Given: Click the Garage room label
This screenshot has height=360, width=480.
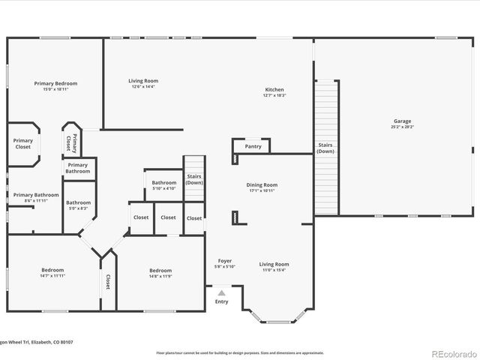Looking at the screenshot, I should click(402, 121).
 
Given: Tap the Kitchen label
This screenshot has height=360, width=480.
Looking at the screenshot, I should click(274, 90).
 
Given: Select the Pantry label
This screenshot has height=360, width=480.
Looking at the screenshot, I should click(253, 147).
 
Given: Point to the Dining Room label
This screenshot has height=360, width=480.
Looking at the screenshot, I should click(262, 184).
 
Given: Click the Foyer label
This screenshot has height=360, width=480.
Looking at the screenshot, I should click(225, 261).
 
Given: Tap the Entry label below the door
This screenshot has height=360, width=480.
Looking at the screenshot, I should click(221, 301).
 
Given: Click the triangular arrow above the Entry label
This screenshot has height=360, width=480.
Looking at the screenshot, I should click(221, 293).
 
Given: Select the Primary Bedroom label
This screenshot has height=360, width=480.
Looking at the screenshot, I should click(55, 83).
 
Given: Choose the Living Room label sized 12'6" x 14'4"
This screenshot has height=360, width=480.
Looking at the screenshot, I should click(142, 81).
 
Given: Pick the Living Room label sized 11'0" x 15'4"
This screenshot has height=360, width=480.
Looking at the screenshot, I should click(274, 264).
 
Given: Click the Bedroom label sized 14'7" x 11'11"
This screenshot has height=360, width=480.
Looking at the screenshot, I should click(52, 270).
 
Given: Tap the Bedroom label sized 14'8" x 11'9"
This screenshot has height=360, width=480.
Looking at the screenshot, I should click(160, 271).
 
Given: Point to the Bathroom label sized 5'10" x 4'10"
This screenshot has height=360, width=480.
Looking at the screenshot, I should click(164, 183).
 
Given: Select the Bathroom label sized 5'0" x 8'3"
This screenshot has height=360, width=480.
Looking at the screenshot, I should click(78, 202).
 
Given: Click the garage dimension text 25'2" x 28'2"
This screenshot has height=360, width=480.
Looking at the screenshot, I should click(402, 127).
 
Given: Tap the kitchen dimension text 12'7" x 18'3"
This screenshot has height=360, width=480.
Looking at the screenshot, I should click(274, 96).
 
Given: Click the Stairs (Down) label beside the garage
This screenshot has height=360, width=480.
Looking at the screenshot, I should click(325, 148).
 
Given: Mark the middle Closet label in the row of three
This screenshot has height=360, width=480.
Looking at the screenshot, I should click(168, 217).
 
